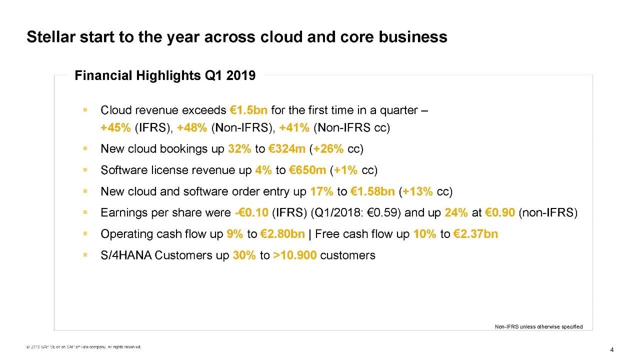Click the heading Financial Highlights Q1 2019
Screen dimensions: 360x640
point(165,75)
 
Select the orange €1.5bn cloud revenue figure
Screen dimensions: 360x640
point(248,110)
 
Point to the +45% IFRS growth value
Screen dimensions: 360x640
point(115,127)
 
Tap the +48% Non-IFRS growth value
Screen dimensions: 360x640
point(192,127)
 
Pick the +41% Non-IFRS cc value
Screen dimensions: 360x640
point(295,127)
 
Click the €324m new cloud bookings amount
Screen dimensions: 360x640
point(287,149)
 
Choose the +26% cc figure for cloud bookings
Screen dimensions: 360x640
point(328,149)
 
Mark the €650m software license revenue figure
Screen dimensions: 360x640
point(307,170)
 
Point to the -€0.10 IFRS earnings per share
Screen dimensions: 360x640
point(251,213)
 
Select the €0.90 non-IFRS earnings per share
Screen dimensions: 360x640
point(500,213)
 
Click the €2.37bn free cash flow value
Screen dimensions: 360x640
point(475,234)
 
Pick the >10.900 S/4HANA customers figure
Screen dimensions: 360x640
point(295,255)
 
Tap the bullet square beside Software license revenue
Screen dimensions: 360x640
point(85,170)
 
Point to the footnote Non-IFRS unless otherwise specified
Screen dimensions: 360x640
point(538,326)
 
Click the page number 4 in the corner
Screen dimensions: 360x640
point(611,349)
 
